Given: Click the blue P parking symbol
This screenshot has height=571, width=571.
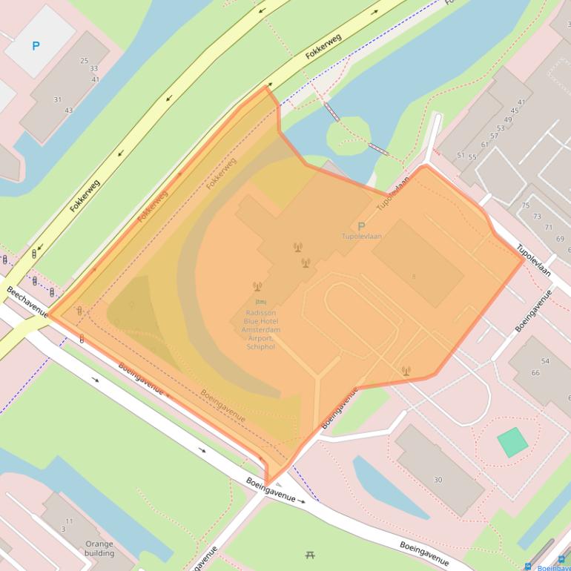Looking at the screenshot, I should coord(36,46).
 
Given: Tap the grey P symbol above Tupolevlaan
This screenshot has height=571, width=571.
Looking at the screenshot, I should coord(361,226).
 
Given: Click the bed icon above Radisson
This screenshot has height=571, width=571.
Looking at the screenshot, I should coord(260,303).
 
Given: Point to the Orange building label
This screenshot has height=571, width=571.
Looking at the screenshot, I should coord(99,548).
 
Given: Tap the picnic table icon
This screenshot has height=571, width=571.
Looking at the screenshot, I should coord(310,554).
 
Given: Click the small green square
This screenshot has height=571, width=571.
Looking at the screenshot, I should coord(512,442).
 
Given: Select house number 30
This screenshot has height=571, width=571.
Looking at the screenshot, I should coord(438,480).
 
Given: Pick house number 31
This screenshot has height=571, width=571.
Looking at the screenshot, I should coord(58,99).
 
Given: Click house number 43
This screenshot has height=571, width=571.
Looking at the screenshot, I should coord(69,110).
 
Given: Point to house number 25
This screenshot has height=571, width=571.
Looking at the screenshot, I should coord(84,61).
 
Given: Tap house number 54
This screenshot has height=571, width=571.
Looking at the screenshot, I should coord(545,361).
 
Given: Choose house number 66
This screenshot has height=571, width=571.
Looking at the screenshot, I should coord(535,372).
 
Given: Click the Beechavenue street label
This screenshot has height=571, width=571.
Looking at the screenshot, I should coord(27,303).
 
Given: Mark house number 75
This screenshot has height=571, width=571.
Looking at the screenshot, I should coord(526,205).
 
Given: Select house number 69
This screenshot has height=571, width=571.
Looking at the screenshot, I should coord(560,239).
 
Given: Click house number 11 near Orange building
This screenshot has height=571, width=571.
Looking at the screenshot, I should coord(69,521).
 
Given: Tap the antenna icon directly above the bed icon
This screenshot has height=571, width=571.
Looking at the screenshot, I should coord(257,286).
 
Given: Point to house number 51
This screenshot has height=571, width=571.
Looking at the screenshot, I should coord(461,156).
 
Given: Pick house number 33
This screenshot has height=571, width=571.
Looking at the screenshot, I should coord(93,69).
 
